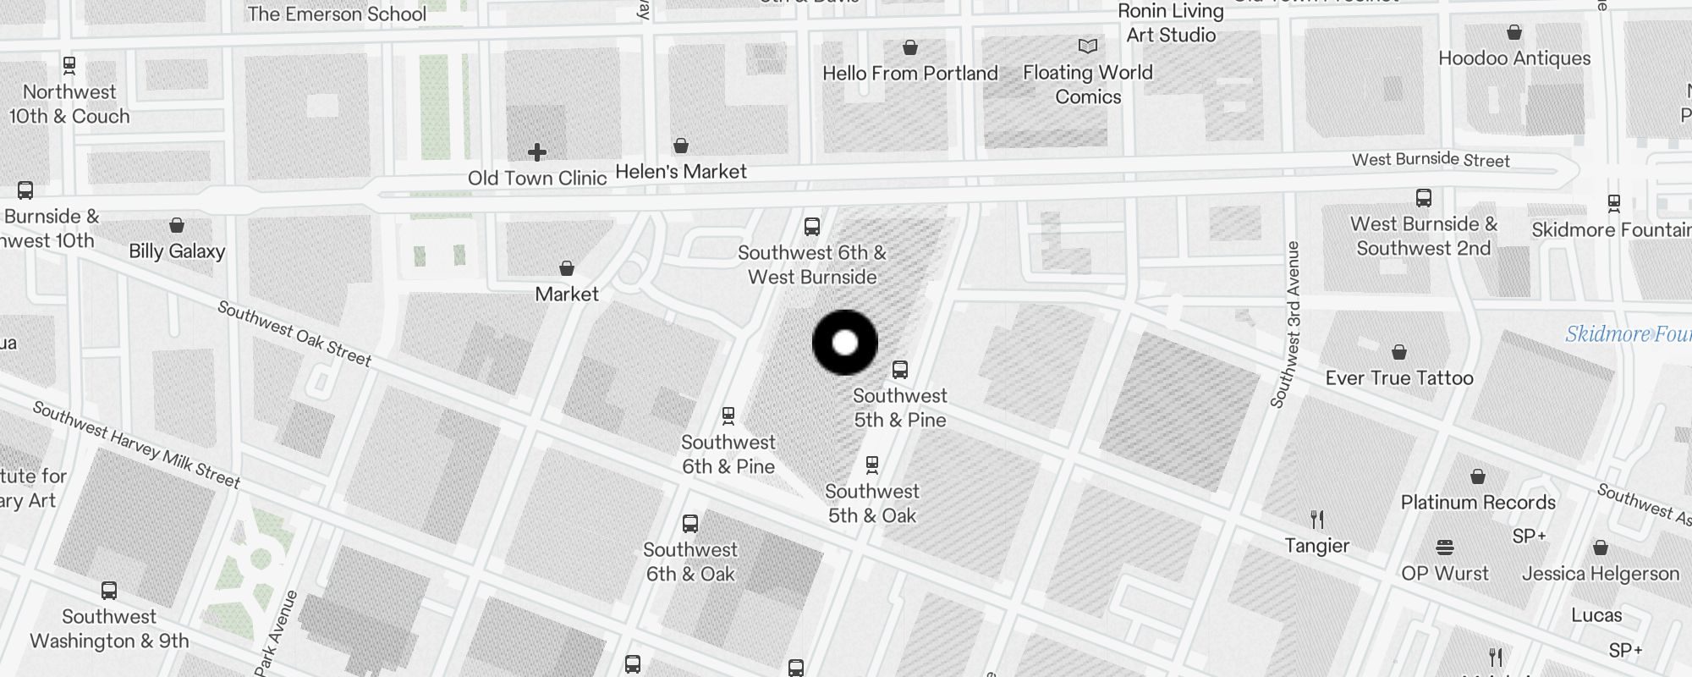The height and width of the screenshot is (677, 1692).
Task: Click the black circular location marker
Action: coord(845,343)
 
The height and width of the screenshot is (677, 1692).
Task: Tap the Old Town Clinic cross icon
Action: coord(536,152)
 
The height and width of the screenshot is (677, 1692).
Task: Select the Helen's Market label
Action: coord(681,172)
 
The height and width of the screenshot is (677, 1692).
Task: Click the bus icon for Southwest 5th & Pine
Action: coord(900,370)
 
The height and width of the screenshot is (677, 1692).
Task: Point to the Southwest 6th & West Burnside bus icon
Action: coord(812,227)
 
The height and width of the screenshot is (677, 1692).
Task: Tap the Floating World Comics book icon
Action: coord(1088,46)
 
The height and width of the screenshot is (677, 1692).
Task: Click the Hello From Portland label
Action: coord(910,74)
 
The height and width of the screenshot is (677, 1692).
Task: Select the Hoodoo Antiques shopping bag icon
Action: coord(1514,33)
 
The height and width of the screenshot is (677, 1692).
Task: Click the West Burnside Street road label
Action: coord(1431,160)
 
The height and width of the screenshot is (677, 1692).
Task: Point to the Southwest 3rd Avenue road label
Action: coord(1285,324)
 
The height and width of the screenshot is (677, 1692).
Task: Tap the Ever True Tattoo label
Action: coord(1399,378)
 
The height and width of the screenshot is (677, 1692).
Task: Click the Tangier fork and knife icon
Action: coord(1317,519)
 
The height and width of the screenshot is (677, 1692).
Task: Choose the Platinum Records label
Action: coord(1478,503)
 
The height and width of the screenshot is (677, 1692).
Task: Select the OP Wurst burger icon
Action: coord(1444,548)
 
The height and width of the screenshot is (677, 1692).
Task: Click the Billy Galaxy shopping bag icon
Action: coord(177,225)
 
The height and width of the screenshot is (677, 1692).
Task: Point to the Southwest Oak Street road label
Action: coord(294,333)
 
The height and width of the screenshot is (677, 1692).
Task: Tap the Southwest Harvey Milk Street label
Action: coord(136,444)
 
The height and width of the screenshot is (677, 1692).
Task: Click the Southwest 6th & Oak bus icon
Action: coord(690,524)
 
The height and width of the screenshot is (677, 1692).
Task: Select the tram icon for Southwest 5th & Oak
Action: coord(872,465)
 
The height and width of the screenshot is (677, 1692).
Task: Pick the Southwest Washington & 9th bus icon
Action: coord(109,591)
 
